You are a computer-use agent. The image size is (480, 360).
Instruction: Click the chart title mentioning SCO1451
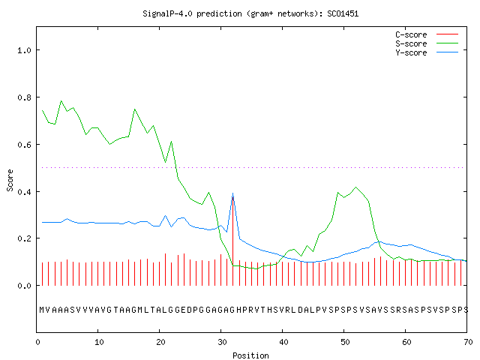point(250,13)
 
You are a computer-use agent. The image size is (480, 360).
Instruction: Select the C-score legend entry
point(427,34)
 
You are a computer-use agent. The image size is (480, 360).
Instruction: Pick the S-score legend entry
point(427,43)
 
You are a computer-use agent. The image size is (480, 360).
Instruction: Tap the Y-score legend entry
point(427,52)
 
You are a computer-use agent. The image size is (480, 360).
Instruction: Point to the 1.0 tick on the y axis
point(24,50)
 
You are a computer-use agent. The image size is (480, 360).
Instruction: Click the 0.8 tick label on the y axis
point(24,97)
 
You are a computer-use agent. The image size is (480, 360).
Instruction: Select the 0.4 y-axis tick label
point(24,192)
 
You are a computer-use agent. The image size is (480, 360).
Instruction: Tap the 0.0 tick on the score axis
point(24,286)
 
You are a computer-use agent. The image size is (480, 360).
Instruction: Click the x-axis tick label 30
point(222,342)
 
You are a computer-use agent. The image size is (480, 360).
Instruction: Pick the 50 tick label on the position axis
point(345,342)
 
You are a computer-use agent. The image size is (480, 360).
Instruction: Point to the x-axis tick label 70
point(468,342)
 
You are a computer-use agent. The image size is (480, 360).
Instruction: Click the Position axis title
point(250,355)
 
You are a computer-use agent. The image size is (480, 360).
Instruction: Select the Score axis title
point(10,180)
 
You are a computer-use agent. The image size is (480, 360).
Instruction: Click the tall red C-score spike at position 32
point(233,241)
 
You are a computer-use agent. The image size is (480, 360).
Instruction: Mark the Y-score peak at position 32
point(233,193)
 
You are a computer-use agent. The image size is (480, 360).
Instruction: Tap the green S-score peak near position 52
point(355,187)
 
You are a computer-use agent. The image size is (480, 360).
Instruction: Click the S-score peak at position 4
point(61,100)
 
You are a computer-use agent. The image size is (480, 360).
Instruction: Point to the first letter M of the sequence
point(42,310)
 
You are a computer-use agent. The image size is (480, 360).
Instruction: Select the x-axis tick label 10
point(99,342)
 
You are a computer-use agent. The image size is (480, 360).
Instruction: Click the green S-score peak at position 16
point(135,109)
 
